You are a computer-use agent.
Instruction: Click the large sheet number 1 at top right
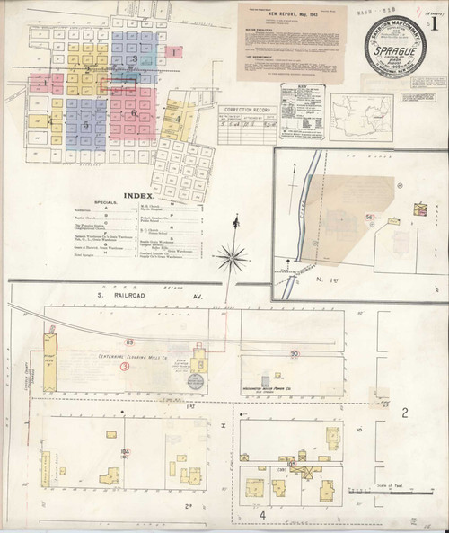(x=436, y=25)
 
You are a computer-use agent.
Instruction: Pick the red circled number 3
(x=125, y=367)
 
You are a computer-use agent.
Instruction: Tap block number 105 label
(x=292, y=464)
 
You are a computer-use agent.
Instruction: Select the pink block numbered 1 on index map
(x=174, y=53)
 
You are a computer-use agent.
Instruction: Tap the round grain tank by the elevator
(x=195, y=381)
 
